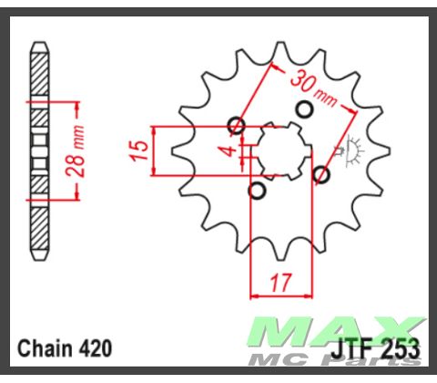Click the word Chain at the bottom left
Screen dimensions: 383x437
point(43,348)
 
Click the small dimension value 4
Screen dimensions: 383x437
point(231,143)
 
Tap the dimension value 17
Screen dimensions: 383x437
point(280,282)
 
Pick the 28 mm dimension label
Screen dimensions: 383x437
point(81,149)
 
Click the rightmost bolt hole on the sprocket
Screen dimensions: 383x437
point(320,173)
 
